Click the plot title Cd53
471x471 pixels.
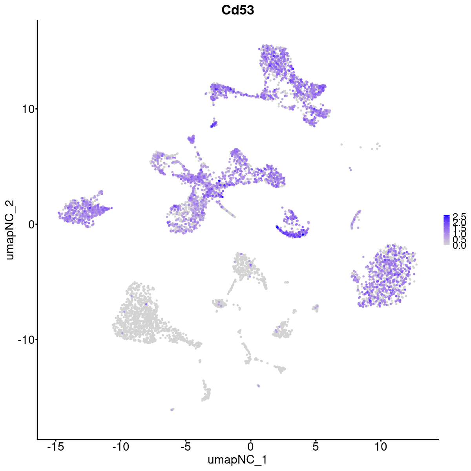(x=237, y=11)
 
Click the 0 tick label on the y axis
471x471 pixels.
(x=29, y=224)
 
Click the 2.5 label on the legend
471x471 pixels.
(x=459, y=216)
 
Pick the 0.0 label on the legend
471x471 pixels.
(x=459, y=246)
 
